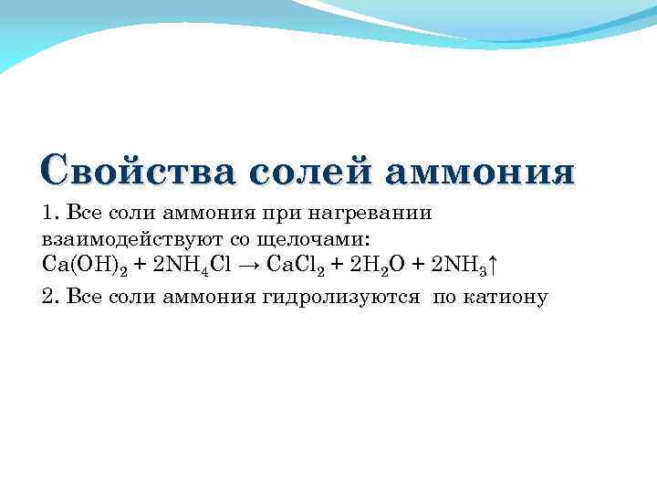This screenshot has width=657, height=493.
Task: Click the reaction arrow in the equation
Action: pos(255,265)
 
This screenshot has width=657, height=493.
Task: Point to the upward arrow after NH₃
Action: pos(493,265)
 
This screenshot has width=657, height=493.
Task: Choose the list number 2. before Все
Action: pos(49,297)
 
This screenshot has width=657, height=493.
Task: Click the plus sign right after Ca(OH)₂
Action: pos(139,265)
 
